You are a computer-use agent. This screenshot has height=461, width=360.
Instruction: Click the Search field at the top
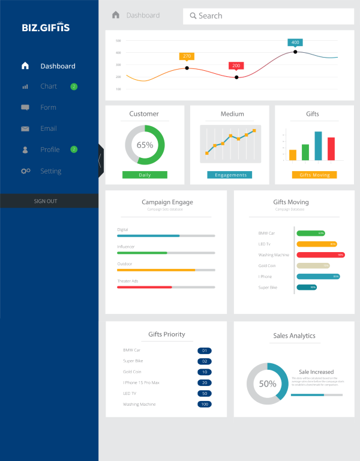click(268, 16)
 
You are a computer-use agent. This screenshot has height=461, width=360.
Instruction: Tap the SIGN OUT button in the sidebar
click(46, 201)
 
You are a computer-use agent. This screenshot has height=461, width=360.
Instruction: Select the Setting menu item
click(50, 171)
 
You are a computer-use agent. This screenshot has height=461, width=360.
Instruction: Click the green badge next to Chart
click(74, 86)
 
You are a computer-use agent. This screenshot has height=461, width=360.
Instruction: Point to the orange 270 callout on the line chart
click(187, 56)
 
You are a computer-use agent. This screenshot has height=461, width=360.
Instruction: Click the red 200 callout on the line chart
click(236, 65)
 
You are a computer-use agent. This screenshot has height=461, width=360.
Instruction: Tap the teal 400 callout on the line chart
click(295, 43)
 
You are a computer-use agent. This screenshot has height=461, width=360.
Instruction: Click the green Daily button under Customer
click(145, 175)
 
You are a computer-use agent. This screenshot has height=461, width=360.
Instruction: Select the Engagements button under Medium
click(230, 175)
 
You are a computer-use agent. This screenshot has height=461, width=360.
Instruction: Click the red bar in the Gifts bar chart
click(331, 148)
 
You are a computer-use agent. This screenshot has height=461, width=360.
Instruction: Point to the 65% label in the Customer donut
click(145, 145)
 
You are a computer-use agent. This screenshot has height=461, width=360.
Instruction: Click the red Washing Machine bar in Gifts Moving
click(320, 255)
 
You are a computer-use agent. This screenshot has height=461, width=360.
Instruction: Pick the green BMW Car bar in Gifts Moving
click(311, 233)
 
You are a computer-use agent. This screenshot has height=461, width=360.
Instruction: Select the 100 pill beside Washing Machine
click(205, 405)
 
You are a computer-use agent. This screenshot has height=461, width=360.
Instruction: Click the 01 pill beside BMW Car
click(205, 351)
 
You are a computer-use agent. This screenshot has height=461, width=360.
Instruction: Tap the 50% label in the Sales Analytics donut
click(268, 384)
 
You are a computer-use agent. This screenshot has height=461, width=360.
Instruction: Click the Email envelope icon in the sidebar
click(25, 128)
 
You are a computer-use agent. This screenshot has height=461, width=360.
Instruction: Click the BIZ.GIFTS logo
click(46, 28)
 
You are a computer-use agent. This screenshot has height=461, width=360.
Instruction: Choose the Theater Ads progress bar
click(166, 287)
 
